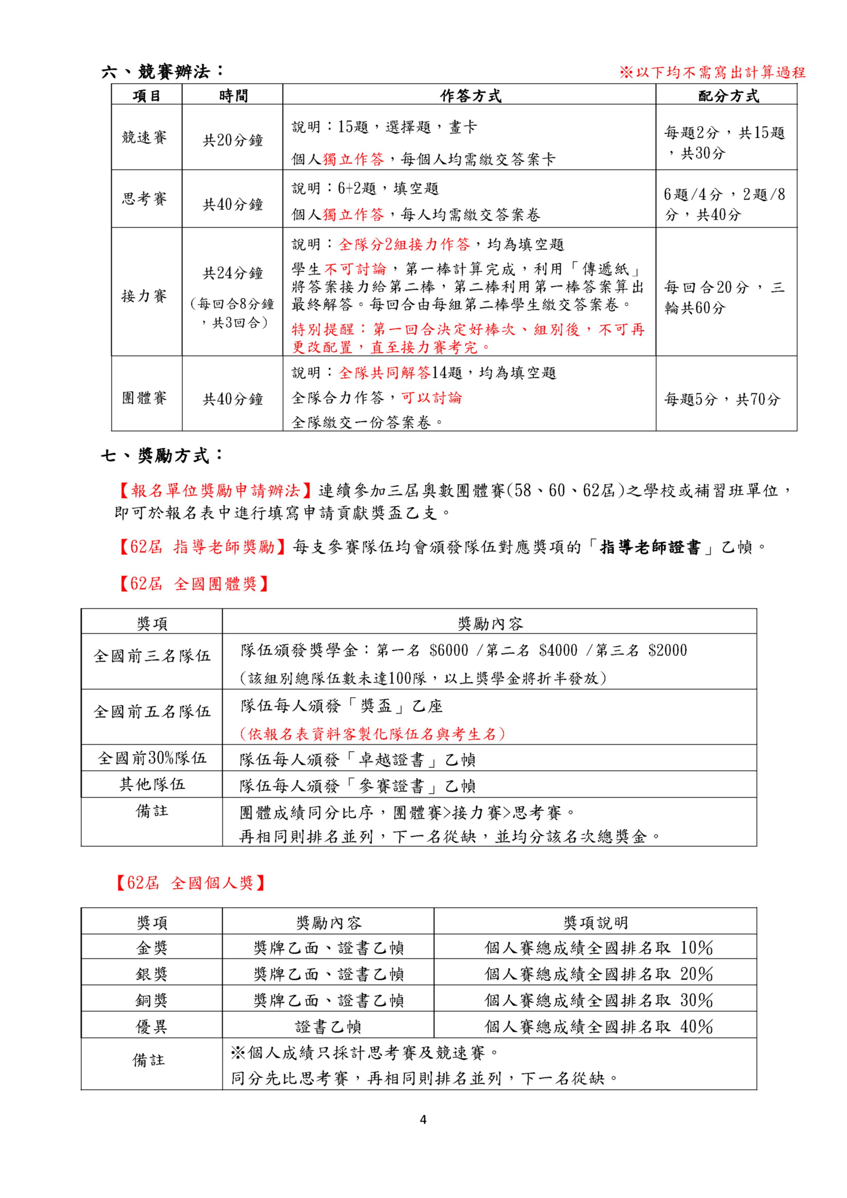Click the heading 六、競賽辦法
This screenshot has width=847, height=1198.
[163, 71]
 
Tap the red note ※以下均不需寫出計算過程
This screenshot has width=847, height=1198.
[712, 72]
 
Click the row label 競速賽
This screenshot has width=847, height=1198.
[144, 137]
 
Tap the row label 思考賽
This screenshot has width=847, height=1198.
[144, 198]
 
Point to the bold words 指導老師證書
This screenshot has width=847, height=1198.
[650, 547]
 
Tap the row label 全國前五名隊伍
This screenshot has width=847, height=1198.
[152, 712]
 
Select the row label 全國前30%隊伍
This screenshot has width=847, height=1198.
[152, 757]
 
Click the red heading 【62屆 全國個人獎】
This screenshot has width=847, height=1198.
[191, 883]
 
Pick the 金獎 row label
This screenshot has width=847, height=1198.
[152, 948]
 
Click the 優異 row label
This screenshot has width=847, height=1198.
[152, 1027]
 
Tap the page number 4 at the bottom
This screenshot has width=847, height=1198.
[423, 1120]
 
